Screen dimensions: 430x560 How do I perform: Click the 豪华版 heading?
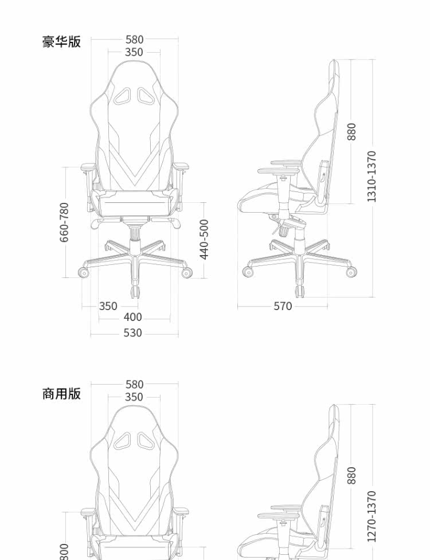tap(62, 42)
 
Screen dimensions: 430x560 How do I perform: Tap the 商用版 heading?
tap(62, 394)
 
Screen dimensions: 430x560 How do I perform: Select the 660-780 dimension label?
tap(64, 222)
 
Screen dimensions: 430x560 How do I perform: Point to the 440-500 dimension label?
tap(204, 239)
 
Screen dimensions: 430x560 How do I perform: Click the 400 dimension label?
tap(132, 318)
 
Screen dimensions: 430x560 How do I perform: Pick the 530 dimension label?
tap(132, 333)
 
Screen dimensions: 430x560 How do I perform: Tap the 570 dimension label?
tap(283, 307)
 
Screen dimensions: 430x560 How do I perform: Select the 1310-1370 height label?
tap(372, 176)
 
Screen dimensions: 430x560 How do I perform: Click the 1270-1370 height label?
tap(372, 516)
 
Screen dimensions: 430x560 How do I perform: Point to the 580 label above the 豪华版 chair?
tap(134, 40)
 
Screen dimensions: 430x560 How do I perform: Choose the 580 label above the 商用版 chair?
tap(134, 385)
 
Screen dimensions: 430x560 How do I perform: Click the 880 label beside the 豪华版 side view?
tap(352, 131)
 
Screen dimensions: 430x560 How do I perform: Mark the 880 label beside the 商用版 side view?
tap(352, 475)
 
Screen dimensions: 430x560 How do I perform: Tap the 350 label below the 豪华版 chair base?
tap(108, 306)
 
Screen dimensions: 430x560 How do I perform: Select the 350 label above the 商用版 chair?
tap(134, 397)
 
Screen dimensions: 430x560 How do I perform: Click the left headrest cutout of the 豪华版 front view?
tap(123, 96)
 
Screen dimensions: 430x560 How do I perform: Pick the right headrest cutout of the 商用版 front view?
tap(146, 441)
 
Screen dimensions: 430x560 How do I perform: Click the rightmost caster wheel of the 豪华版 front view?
tap(186, 273)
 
